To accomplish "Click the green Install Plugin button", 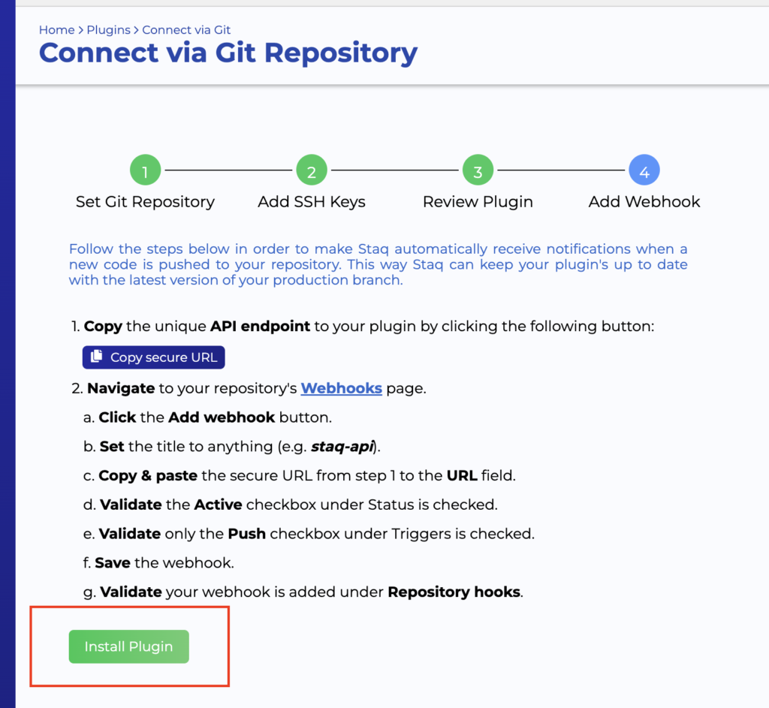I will pyautogui.click(x=128, y=646).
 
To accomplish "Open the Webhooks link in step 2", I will pyautogui.click(x=341, y=388).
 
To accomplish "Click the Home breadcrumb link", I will pyautogui.click(x=57, y=30).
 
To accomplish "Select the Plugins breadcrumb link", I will pyautogui.click(x=108, y=30).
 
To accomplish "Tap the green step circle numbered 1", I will pyautogui.click(x=145, y=170).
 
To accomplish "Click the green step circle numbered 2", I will pyautogui.click(x=311, y=170).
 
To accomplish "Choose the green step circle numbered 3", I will pyautogui.click(x=478, y=170).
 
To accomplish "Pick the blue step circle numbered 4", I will pyautogui.click(x=644, y=170).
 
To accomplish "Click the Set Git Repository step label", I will pyautogui.click(x=145, y=202).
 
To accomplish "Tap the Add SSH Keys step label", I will pyautogui.click(x=311, y=202).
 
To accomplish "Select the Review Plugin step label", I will pyautogui.click(x=478, y=202).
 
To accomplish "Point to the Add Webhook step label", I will pyautogui.click(x=644, y=202).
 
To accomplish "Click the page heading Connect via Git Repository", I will pyautogui.click(x=228, y=53).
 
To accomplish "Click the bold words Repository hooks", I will pyautogui.click(x=454, y=592).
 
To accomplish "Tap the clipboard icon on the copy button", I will pyautogui.click(x=96, y=357).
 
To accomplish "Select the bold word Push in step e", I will pyautogui.click(x=247, y=534).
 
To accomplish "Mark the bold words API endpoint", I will pyautogui.click(x=260, y=327).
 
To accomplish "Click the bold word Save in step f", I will pyautogui.click(x=113, y=562).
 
